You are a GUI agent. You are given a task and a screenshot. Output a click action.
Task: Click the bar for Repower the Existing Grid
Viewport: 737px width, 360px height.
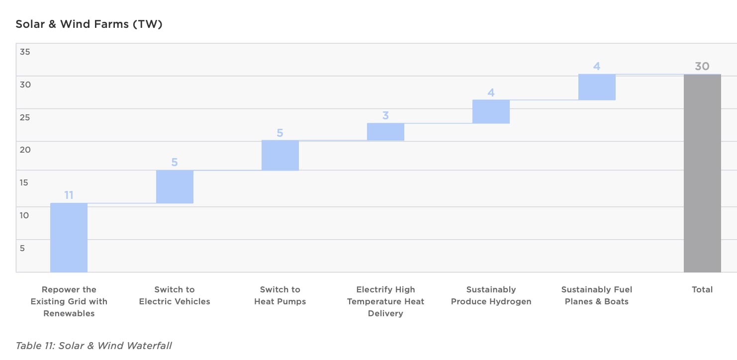click(69, 237)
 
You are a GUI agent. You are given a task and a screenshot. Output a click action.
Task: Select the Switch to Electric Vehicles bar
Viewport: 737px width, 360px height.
click(175, 186)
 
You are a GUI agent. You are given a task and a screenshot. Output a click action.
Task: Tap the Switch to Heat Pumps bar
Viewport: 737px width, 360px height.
click(280, 155)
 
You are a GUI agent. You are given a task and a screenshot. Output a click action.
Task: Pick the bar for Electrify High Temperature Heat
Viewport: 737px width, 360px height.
click(385, 132)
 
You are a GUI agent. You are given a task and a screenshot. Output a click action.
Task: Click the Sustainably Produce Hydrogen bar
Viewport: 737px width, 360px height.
click(491, 111)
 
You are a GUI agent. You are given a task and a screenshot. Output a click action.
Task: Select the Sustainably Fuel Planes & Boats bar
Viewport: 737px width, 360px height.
click(597, 87)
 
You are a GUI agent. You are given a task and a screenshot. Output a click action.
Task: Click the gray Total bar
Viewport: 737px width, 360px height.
click(702, 173)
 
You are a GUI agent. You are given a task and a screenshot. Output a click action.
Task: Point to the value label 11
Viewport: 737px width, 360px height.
click(69, 195)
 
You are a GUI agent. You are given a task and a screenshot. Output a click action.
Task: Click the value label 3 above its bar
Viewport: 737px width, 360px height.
click(385, 115)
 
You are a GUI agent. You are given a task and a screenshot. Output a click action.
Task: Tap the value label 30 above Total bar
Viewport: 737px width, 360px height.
click(702, 66)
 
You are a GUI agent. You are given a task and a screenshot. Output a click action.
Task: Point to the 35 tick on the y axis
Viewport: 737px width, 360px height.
click(25, 52)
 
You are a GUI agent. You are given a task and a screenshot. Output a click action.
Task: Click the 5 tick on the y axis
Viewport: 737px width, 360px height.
click(22, 248)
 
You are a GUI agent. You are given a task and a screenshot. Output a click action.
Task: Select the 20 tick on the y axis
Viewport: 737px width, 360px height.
click(25, 150)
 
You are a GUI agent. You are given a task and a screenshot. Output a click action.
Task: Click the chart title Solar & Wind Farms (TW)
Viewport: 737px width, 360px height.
click(89, 24)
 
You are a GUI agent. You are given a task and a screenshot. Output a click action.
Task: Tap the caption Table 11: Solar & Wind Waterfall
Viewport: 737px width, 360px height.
click(93, 345)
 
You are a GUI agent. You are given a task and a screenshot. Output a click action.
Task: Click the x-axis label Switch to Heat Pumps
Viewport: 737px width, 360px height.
click(280, 295)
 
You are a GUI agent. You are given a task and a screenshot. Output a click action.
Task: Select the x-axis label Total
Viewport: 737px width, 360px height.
click(702, 289)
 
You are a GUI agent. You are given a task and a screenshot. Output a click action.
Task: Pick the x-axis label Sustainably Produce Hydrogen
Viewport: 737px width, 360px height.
click(491, 295)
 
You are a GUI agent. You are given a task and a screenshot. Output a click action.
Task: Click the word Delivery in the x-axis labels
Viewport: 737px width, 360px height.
click(385, 313)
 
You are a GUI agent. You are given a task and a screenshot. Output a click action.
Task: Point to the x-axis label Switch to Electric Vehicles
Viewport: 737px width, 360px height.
click(175, 295)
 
